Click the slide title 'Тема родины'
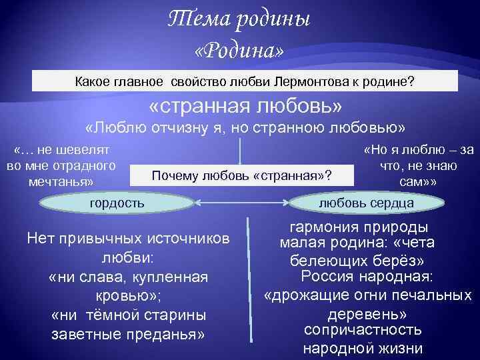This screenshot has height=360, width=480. point(239,21)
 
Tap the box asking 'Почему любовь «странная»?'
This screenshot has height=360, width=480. point(242,175)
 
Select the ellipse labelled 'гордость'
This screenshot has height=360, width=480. point(117,202)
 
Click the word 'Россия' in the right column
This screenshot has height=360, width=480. point(325,276)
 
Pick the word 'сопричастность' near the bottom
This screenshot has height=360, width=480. point(362,329)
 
